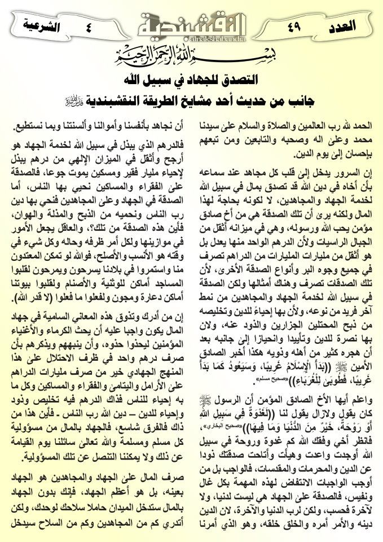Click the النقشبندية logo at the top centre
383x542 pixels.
(x=191, y=25)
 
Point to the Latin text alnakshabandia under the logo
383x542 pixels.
(x=191, y=41)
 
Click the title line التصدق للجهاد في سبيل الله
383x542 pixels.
(x=191, y=78)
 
